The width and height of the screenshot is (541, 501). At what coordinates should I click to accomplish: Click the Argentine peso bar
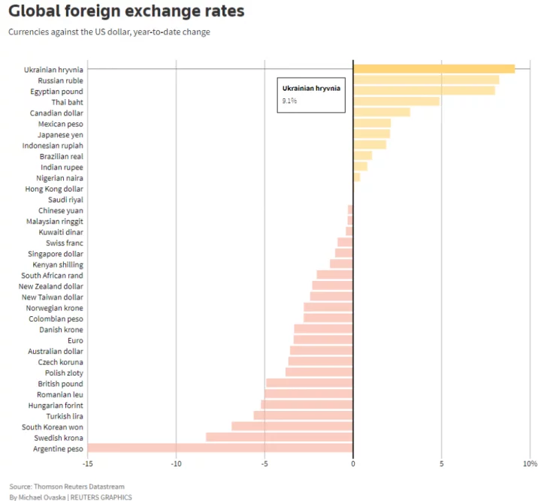220,448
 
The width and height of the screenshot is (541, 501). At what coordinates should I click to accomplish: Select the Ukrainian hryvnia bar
434,69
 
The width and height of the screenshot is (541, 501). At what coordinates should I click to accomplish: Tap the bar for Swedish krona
280,437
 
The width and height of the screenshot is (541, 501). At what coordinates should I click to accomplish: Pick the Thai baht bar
396,101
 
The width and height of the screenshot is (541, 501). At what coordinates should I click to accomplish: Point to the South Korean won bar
292,427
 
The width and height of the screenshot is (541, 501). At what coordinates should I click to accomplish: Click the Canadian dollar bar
381,113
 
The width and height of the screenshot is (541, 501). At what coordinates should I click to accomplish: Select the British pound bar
310,383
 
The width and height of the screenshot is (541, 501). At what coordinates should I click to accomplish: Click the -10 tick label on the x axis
176,464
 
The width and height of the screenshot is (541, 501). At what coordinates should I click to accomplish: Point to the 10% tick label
530,464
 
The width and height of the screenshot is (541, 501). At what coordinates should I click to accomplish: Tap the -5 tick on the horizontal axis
264,464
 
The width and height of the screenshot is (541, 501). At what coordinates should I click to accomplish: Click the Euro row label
75,340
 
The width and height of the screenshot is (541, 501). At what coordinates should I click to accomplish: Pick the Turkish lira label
63,416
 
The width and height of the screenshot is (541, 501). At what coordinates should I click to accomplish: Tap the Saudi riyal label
65,200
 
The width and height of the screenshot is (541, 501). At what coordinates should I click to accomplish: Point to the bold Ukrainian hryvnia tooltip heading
311,88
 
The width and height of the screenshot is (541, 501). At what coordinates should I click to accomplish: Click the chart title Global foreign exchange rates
126,13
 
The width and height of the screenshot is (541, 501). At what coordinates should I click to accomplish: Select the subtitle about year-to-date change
109,32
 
